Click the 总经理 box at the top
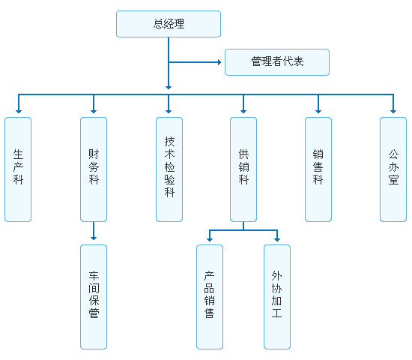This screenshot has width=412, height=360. pos(169,24)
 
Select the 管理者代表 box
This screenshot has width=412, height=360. pos(277,62)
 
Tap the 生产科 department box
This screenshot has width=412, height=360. pos(18,169)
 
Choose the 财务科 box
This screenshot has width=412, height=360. pos(94,169)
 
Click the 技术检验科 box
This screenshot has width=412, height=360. pos(169,169)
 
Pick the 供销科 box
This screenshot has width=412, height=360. pos(243,169)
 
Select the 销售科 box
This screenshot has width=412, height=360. pos(318,169)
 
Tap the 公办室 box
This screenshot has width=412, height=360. pos(393,169)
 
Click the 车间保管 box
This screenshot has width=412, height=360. pos(94,296)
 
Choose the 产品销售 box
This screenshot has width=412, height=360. pos(210,296)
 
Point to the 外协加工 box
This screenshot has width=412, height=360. pos(277,296)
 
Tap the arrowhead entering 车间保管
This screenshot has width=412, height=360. pos(94,238)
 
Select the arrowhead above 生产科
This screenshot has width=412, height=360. pos(18,110)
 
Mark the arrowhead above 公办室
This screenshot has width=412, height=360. pos(393,110)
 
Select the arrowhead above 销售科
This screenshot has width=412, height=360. pos(318,110)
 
